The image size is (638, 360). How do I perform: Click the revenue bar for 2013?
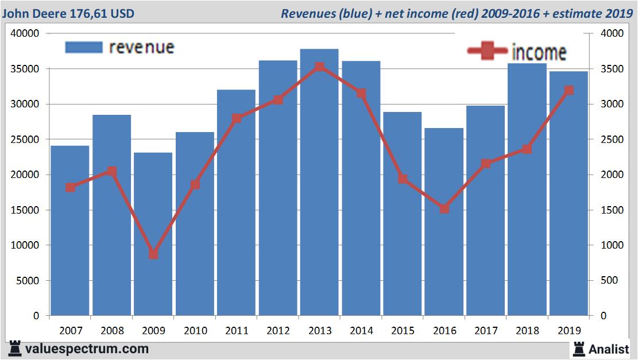click(x=319, y=189)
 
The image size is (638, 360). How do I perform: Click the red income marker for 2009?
click(x=153, y=254)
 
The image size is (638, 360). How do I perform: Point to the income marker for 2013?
click(x=319, y=67)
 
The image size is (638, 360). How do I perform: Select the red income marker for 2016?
click(x=444, y=208)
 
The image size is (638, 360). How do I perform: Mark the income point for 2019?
click(x=569, y=90)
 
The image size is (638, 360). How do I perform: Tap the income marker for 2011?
click(x=237, y=118)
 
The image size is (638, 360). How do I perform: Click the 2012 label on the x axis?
click(x=278, y=331)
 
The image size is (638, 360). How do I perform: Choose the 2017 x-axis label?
click(x=486, y=331)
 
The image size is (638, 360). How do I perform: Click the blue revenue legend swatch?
click(x=83, y=47)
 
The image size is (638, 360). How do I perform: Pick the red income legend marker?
click(x=487, y=52)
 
